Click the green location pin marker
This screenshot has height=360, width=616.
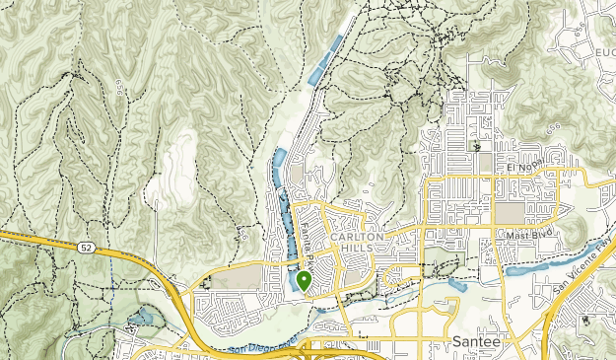pos(304,280)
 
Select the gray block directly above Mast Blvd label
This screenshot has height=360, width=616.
pos(512,212)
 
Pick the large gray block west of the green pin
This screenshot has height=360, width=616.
pos(237,279)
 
